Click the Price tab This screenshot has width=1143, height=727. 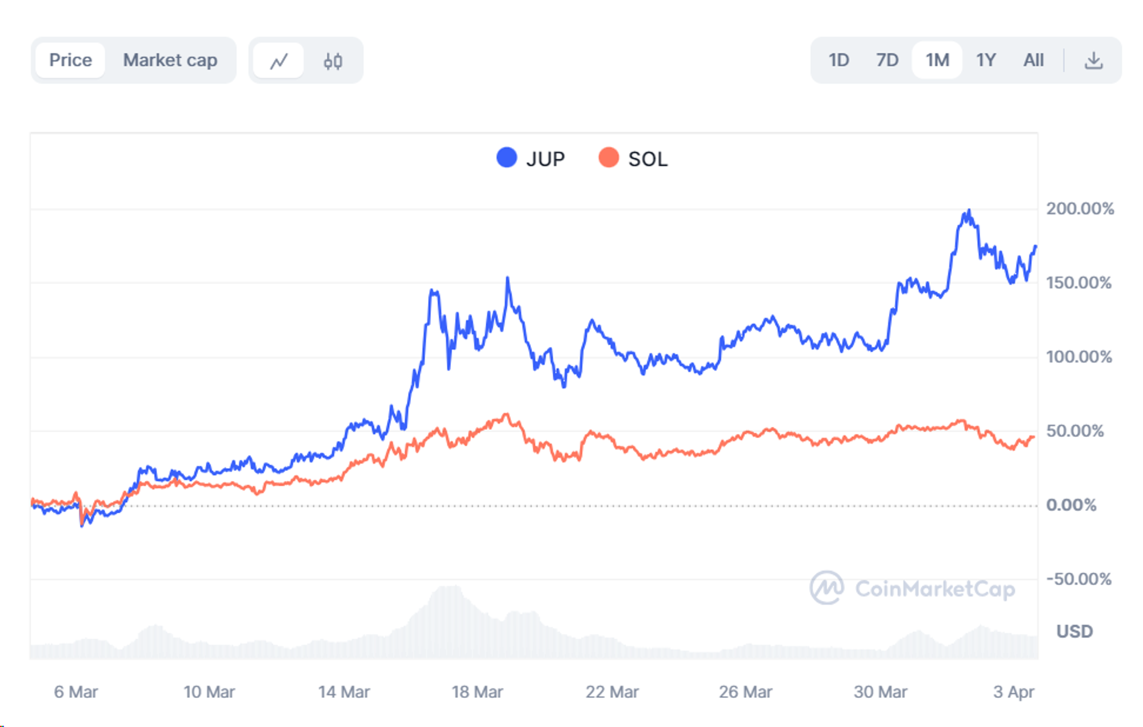(x=70, y=60)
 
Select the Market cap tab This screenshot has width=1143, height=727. (x=170, y=60)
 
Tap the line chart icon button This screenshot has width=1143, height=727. (x=279, y=61)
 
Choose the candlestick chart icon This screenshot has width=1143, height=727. (x=333, y=61)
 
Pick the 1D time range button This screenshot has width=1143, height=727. (x=838, y=60)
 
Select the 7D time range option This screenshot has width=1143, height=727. (x=887, y=60)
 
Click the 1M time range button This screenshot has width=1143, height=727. (x=937, y=60)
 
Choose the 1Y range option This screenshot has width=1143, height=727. (x=986, y=60)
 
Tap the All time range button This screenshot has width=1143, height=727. (x=1033, y=60)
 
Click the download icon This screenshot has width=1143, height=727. (x=1093, y=60)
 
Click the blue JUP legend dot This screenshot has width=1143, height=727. (x=506, y=158)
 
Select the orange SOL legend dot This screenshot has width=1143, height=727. (x=609, y=158)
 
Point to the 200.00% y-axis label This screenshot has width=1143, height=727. (x=1080, y=209)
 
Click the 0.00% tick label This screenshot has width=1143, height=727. (x=1071, y=505)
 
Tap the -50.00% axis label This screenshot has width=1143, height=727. (x=1078, y=579)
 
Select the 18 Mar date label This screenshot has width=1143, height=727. (x=477, y=692)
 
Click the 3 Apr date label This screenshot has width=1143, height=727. (x=1013, y=692)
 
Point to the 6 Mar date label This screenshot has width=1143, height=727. (x=76, y=692)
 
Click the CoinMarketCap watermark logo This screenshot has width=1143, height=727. (x=826, y=588)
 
